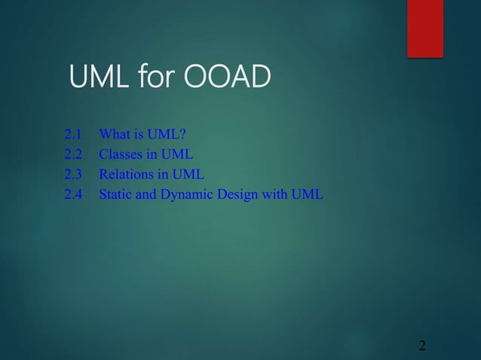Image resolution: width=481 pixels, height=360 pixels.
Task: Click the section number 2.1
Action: [x=73, y=136]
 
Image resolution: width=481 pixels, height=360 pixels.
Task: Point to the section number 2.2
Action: [x=73, y=156]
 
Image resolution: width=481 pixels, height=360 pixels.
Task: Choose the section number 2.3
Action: [x=73, y=175]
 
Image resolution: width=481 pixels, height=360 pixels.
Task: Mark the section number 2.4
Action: [x=73, y=195]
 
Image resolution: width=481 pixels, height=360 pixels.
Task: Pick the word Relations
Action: [x=127, y=175]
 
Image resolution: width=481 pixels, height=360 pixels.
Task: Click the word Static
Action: [x=117, y=195]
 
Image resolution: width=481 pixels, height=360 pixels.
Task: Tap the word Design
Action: [x=238, y=195]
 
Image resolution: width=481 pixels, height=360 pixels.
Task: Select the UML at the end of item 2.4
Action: [x=309, y=195]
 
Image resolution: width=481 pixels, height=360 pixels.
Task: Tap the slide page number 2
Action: [x=422, y=346]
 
